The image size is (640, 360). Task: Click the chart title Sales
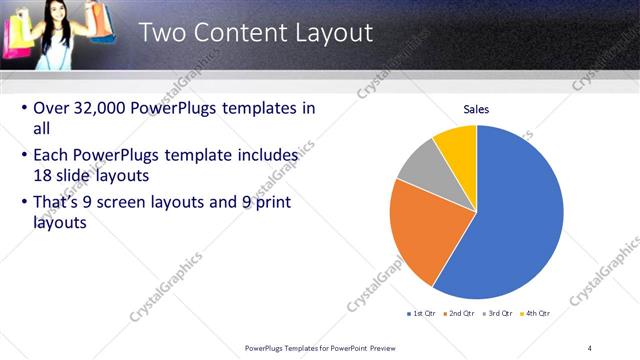coord(476,108)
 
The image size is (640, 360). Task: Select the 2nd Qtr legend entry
coord(458,314)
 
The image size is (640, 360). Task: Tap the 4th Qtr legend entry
coord(535,314)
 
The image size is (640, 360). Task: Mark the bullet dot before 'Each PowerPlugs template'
coord(24,156)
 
